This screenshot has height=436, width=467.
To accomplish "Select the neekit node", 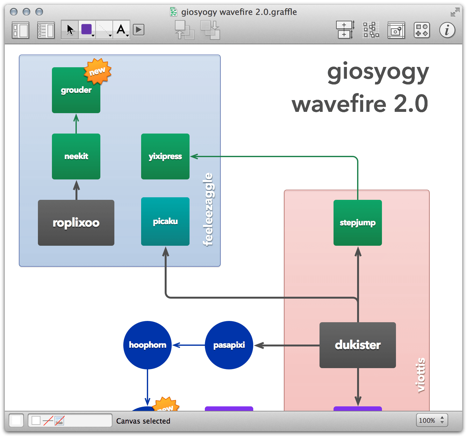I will tap(76, 156).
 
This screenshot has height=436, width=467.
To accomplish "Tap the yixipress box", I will tap(165, 156).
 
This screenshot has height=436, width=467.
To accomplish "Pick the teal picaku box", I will tap(165, 221).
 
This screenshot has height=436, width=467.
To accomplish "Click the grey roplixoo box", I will tap(76, 222).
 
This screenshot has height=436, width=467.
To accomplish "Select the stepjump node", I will tap(357, 222).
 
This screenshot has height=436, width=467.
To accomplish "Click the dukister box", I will tap(357, 345).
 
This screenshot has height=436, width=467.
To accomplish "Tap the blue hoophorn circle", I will tap(147, 345).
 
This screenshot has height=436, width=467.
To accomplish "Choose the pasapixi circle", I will tap(229, 345).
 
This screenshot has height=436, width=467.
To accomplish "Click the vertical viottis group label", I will tap(420, 375).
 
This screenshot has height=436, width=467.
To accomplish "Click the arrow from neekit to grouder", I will tap(76, 124).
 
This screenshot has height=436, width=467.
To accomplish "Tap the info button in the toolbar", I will tap(447, 30).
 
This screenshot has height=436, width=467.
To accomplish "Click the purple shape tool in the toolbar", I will tap(87, 30).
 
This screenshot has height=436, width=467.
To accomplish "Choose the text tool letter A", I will tap(121, 30).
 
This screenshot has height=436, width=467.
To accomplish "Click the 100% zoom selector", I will tap(432, 420).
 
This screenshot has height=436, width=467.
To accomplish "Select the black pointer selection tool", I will tap(70, 30).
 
